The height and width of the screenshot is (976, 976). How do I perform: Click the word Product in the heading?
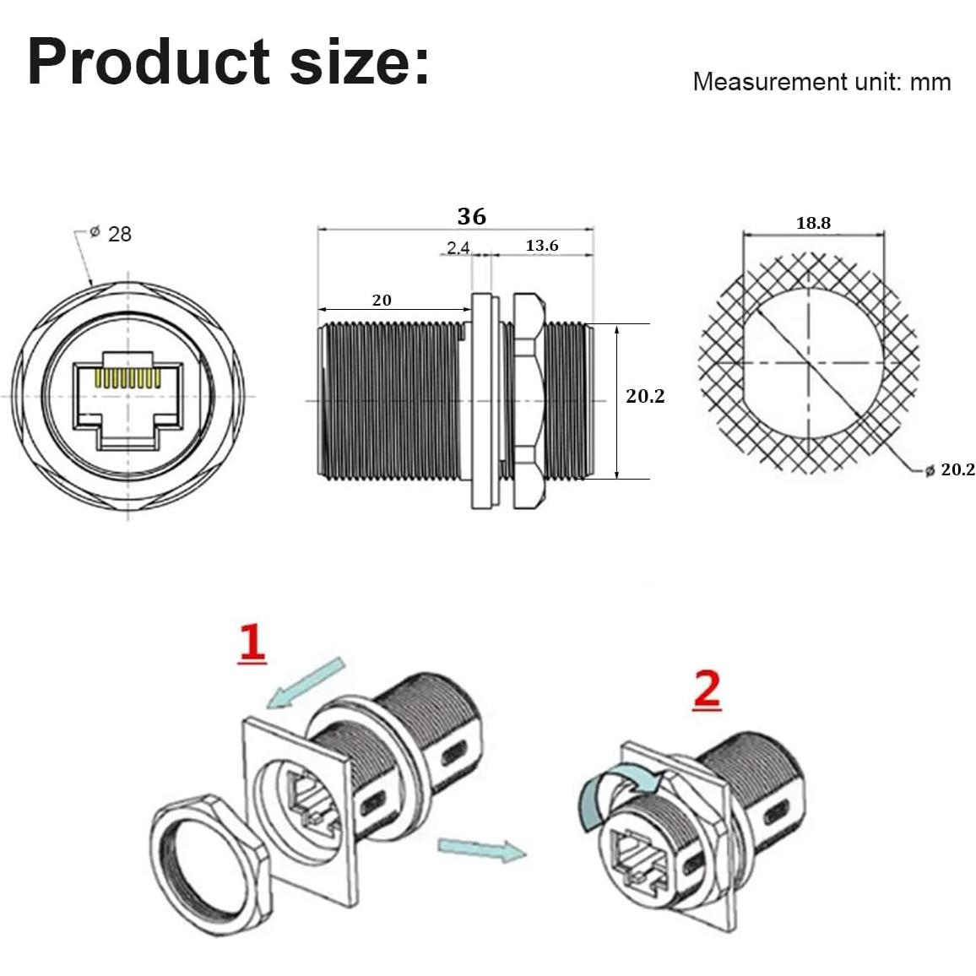(x=149, y=62)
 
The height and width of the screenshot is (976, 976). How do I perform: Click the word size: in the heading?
(x=360, y=62)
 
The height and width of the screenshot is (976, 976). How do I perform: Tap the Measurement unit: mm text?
(x=821, y=82)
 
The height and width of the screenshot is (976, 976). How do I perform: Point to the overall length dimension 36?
(x=471, y=216)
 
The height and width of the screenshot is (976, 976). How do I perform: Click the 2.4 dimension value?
(x=458, y=247)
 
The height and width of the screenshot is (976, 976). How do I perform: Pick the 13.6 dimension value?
(x=541, y=246)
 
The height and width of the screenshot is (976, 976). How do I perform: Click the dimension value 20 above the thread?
(x=382, y=300)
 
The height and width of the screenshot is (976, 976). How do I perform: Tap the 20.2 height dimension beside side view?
(x=645, y=396)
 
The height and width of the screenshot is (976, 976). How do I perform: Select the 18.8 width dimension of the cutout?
(x=813, y=223)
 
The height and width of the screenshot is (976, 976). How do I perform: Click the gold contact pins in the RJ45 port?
(x=128, y=378)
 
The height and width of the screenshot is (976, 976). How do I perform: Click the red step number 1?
(x=252, y=643)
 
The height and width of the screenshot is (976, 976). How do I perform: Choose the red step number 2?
(x=707, y=690)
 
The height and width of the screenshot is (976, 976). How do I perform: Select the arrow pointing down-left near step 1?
(x=305, y=681)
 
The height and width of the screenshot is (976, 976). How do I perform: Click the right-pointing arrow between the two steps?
(x=481, y=849)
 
